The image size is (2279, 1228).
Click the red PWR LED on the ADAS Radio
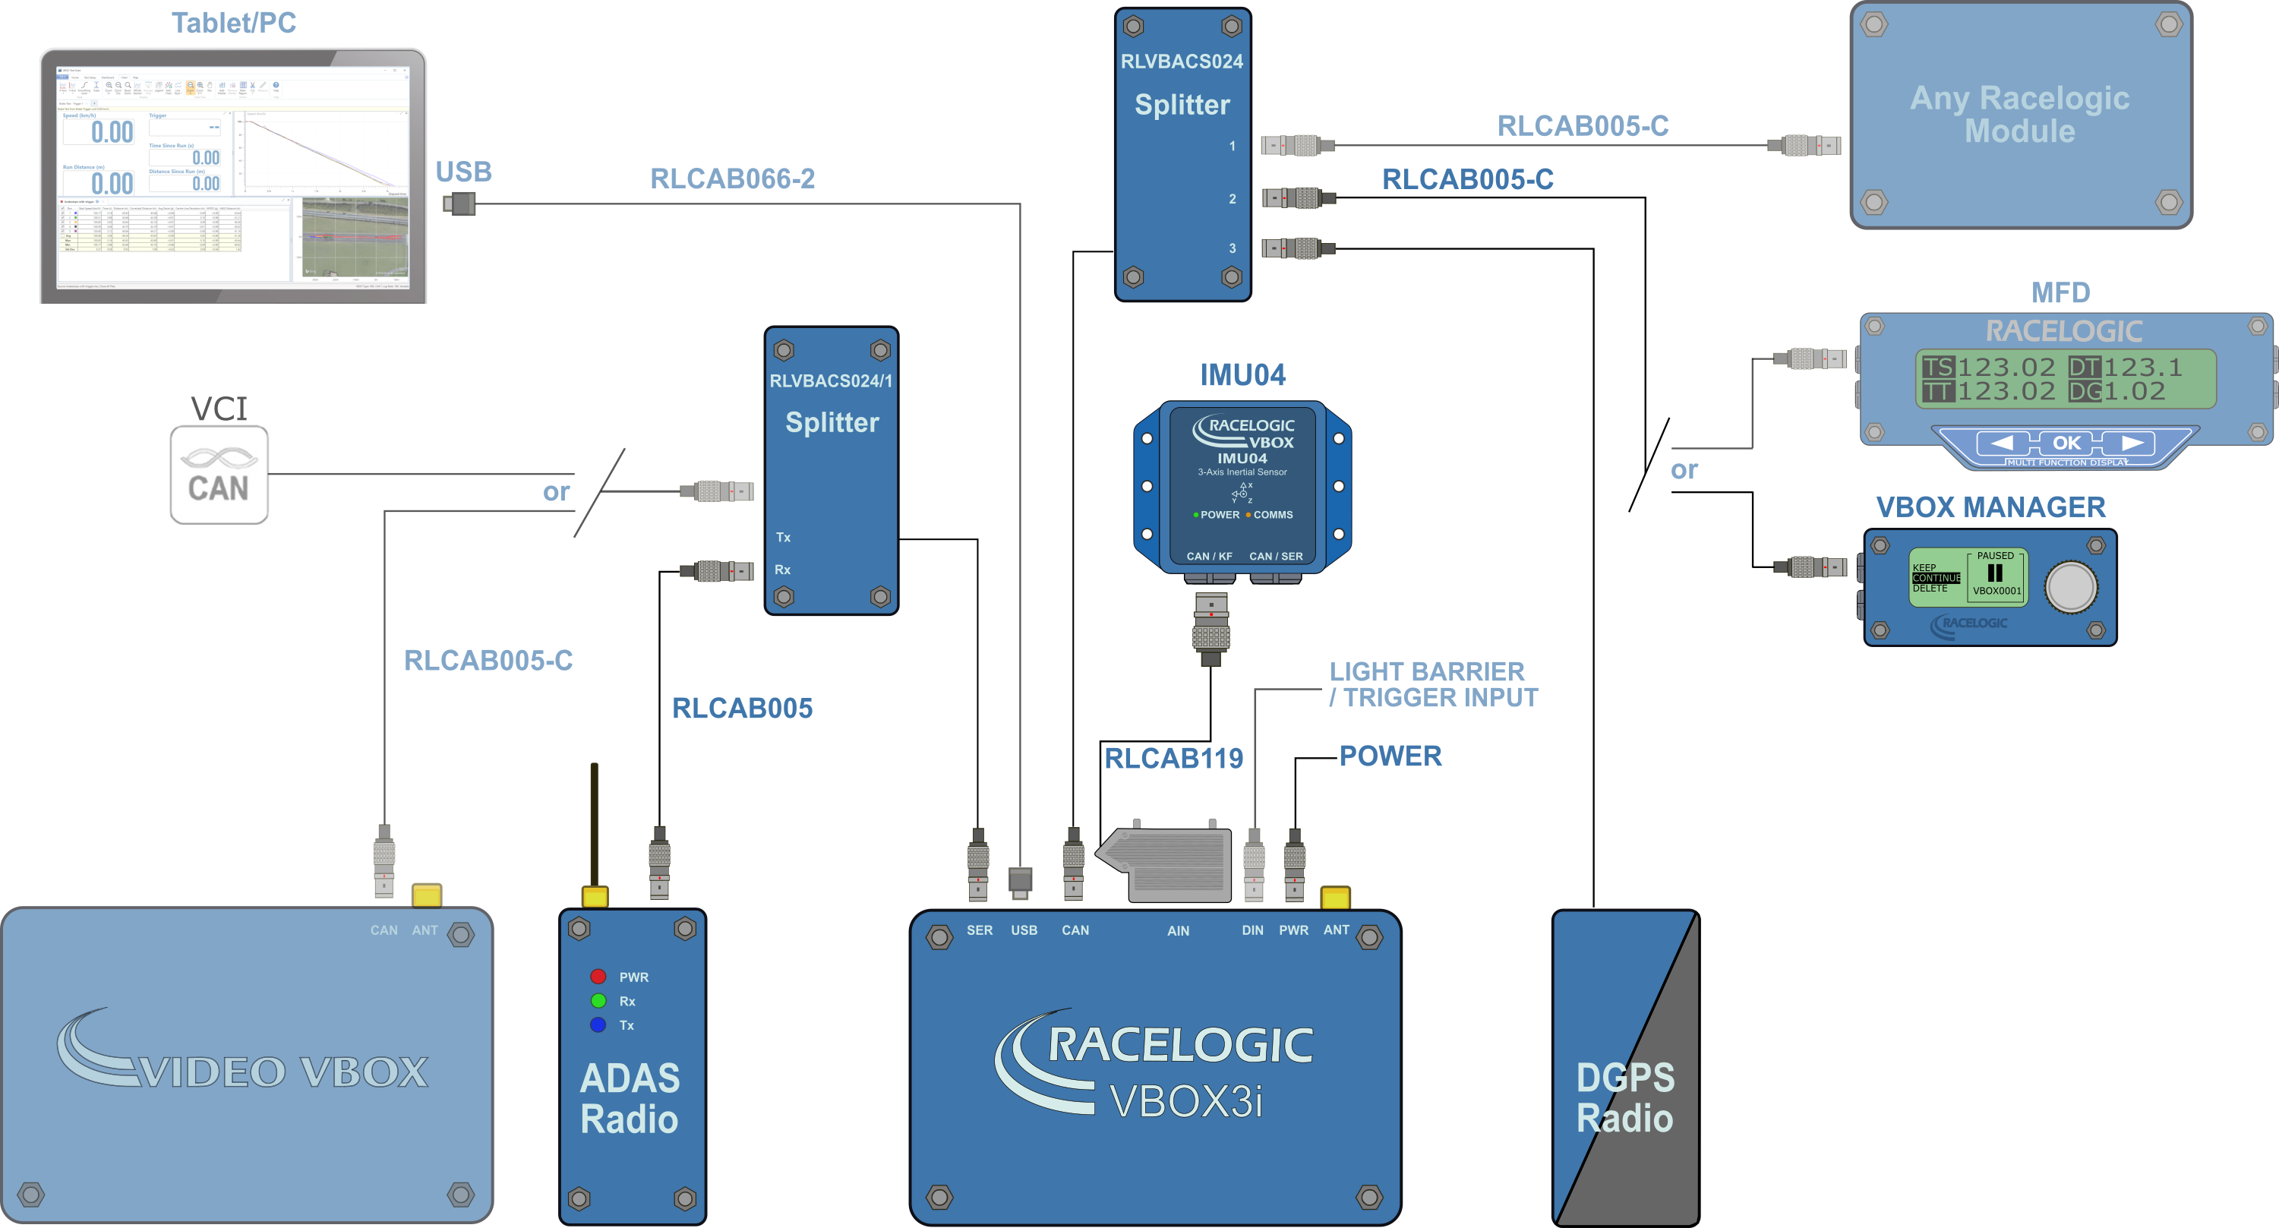point(598,977)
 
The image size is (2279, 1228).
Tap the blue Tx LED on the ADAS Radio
point(598,1024)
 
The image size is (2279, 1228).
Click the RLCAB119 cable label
point(1173,758)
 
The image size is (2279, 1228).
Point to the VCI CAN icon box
point(219,475)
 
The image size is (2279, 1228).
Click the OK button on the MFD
point(2066,442)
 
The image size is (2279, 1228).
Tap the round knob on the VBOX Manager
point(2070,586)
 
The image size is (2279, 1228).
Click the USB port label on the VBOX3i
point(1024,930)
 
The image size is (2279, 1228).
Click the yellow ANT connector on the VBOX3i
point(1335,897)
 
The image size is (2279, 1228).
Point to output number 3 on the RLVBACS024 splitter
point(1232,248)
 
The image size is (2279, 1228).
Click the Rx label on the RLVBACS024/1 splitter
point(782,570)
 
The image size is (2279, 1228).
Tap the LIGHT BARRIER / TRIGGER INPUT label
point(1433,684)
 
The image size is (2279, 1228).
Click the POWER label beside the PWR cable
point(1390,756)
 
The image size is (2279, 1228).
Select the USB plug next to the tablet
point(459,204)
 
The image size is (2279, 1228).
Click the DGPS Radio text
point(1624,1098)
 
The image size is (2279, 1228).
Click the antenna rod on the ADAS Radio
point(595,822)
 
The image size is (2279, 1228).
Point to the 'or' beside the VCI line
point(556,492)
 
